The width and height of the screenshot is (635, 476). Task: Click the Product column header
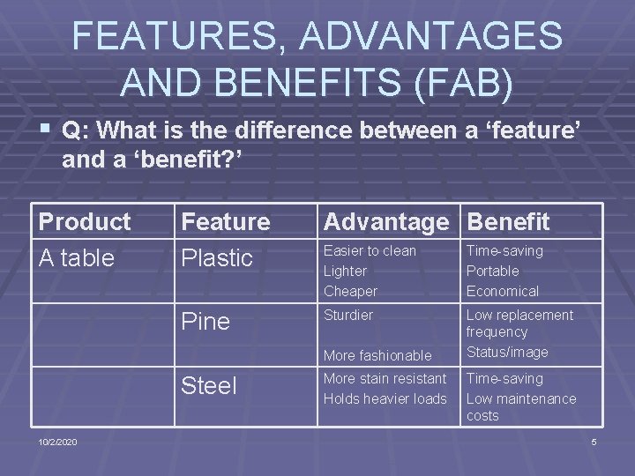85,222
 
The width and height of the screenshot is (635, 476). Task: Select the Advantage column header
385,222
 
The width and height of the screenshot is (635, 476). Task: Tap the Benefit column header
508,222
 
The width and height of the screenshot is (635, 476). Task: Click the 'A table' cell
77,258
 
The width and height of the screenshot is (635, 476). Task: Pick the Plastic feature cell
217,258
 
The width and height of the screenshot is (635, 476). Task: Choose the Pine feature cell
205,322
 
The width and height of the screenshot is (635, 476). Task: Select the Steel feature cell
209,386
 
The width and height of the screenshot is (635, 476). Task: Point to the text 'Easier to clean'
370,251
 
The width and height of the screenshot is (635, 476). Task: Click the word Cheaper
350,292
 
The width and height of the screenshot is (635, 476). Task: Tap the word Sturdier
348,316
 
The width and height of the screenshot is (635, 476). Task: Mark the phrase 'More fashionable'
377,356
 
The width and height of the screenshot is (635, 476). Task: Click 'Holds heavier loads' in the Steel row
385,399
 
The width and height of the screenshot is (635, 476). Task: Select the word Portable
492,271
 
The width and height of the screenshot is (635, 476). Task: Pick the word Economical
502,292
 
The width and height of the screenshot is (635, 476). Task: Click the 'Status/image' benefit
506,353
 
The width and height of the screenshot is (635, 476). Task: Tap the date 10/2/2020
57,442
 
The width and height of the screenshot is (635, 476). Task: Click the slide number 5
594,442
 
